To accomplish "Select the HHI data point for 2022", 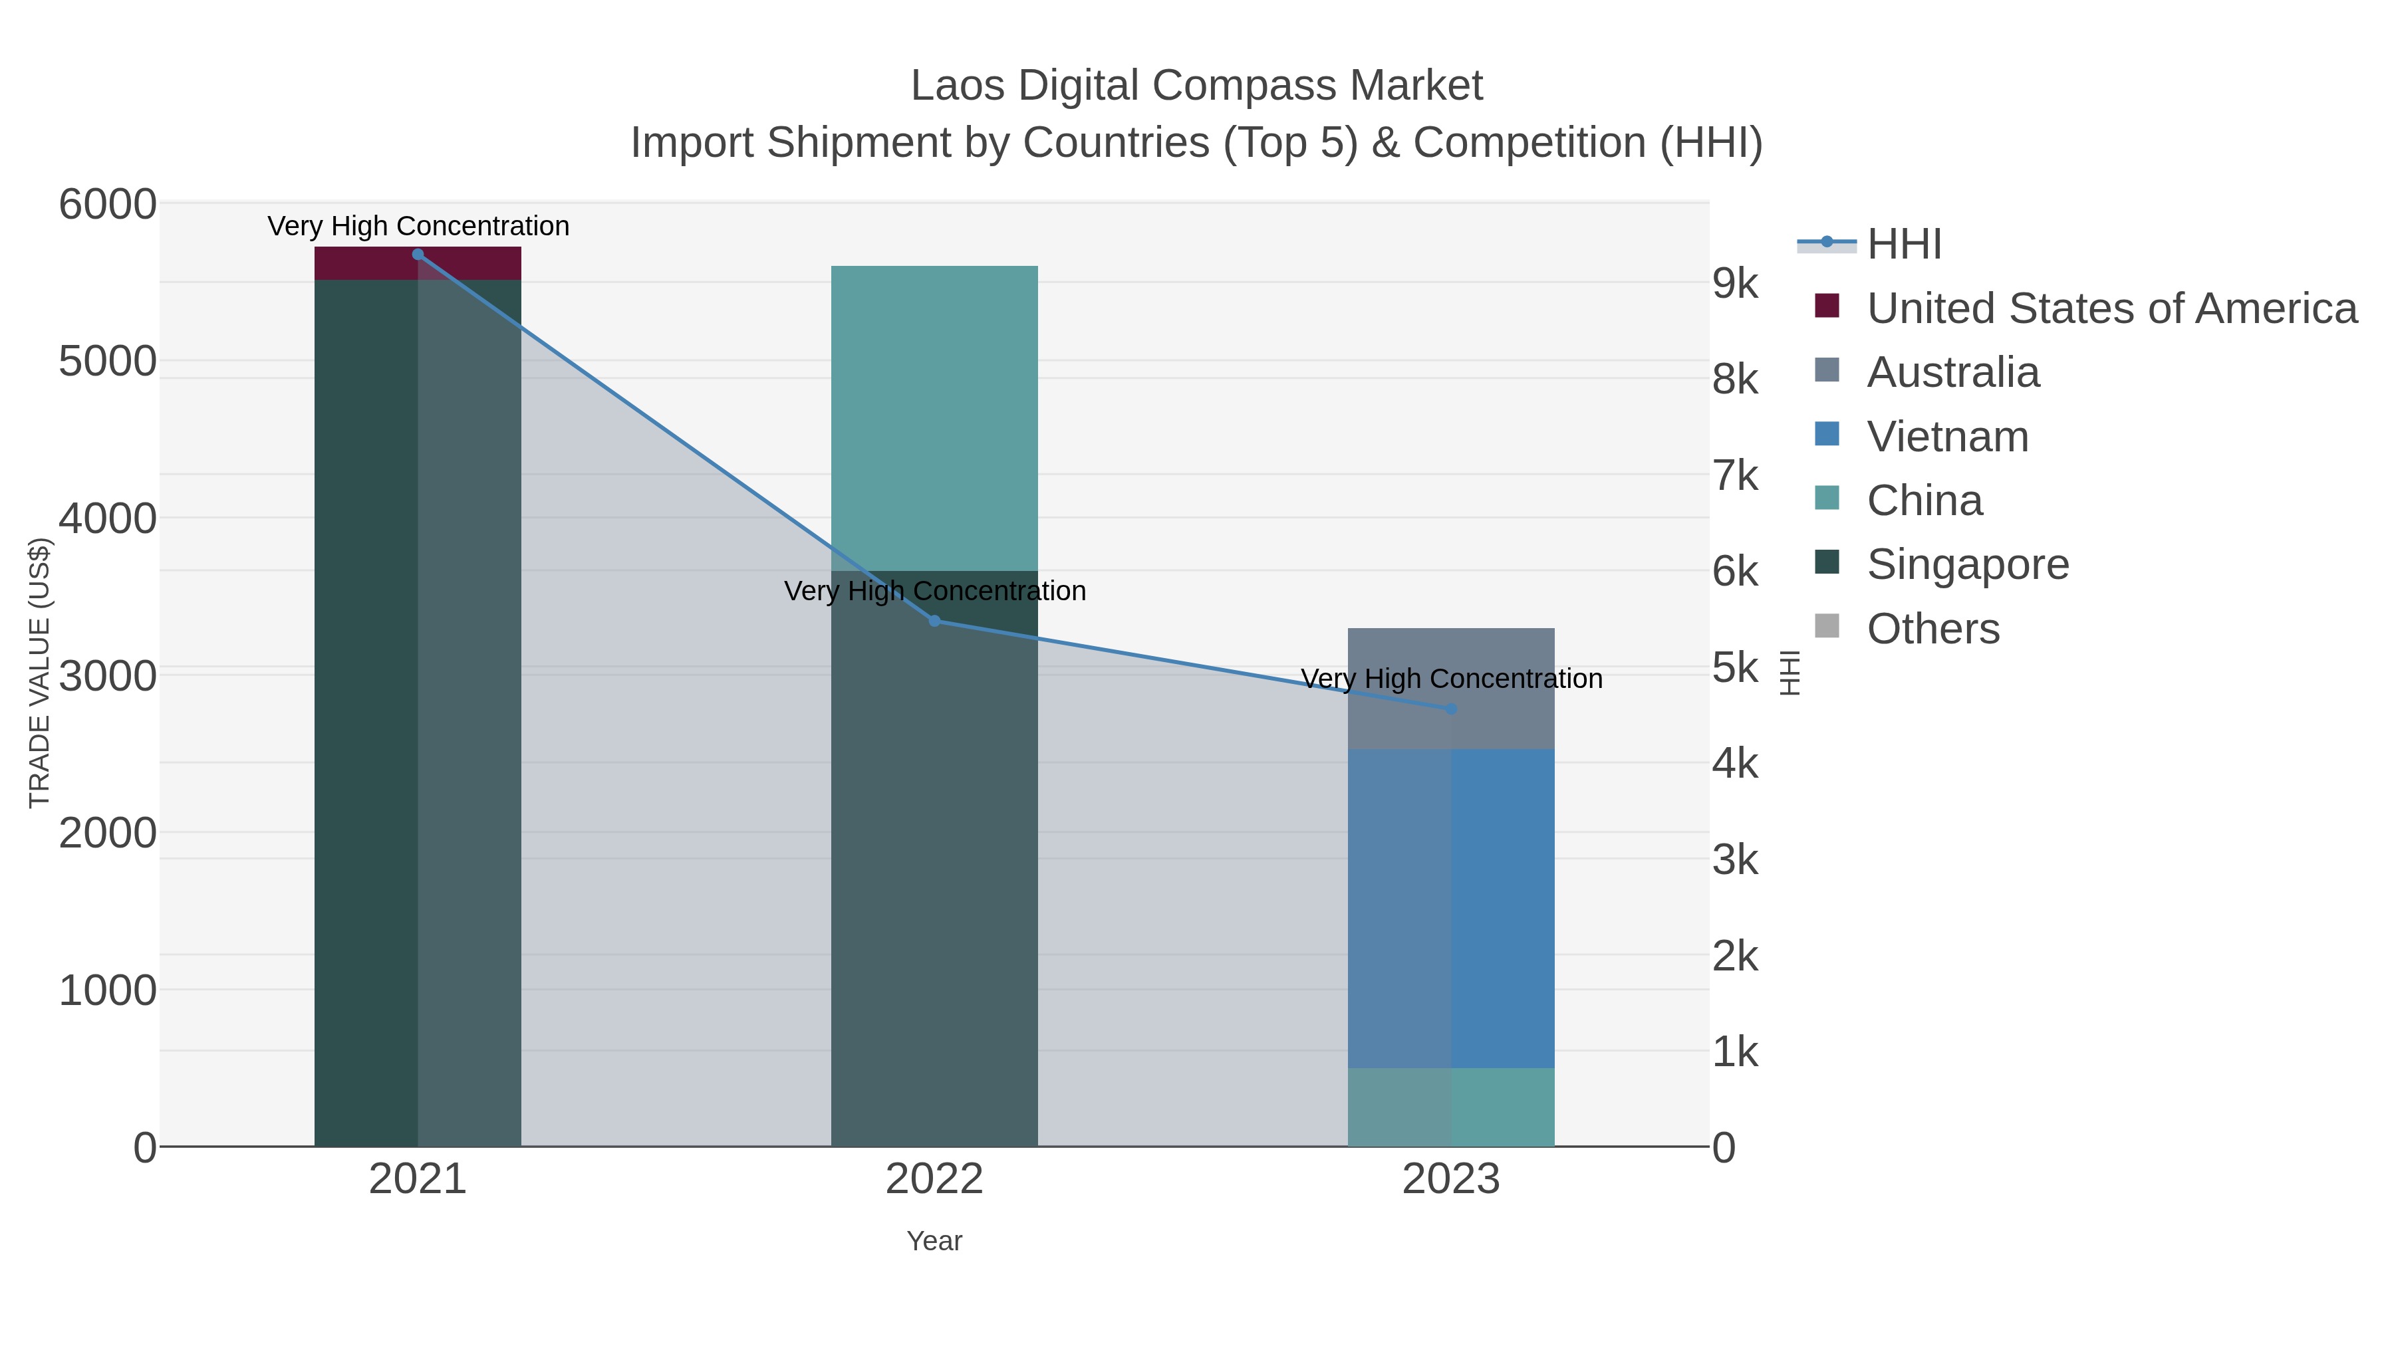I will coord(934,621).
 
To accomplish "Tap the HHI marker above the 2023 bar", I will coord(1451,709).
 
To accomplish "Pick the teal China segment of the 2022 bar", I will coord(934,418).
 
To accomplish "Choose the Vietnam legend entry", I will coord(1947,437).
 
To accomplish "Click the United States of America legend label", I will coord(2111,308).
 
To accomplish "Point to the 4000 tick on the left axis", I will coord(108,518).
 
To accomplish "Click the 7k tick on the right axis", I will coord(1735,476).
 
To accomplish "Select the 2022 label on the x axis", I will coord(934,1180).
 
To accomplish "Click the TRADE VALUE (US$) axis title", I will coord(39,673).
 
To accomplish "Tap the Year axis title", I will coord(934,1241).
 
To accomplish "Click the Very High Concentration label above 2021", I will coord(418,226).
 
